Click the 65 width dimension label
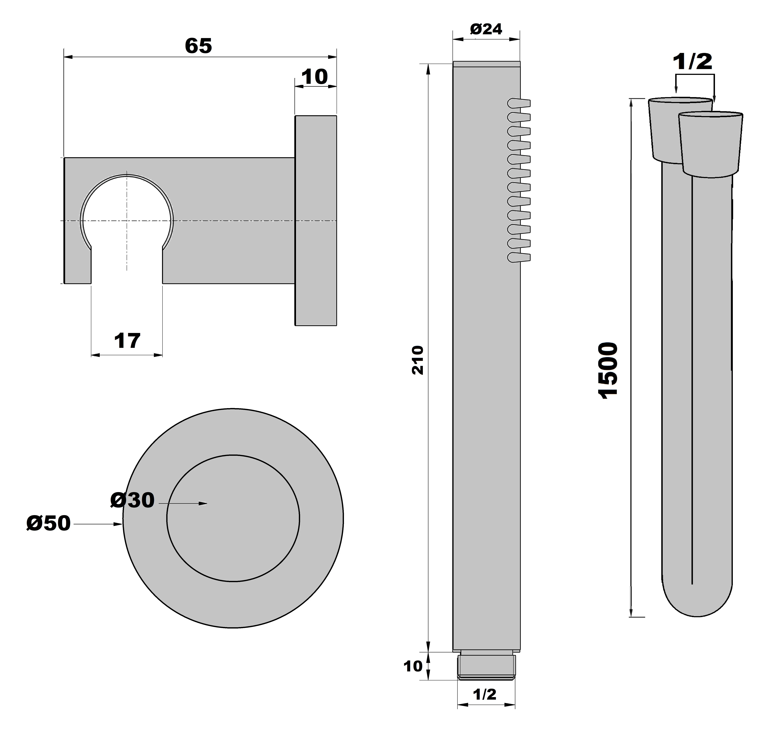point(198,46)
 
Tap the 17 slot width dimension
point(127,341)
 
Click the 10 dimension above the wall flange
point(315,77)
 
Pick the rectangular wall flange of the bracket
point(316,221)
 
